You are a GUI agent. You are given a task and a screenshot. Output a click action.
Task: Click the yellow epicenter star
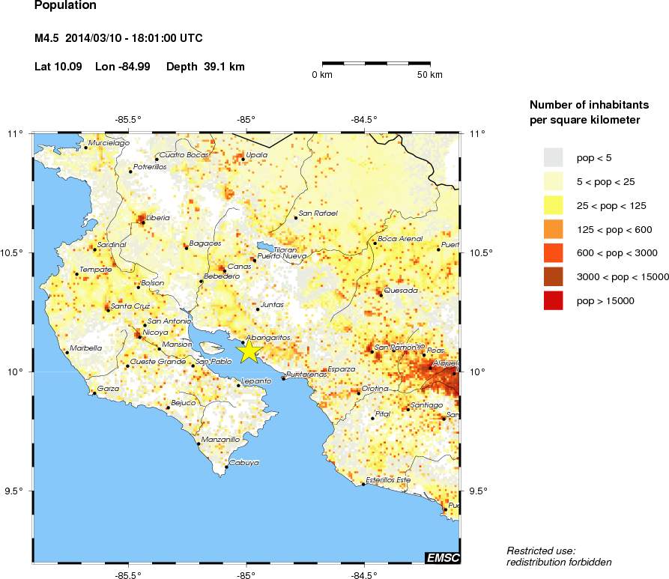pyautogui.click(x=248, y=350)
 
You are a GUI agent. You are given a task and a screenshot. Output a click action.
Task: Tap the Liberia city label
pyautogui.click(x=158, y=218)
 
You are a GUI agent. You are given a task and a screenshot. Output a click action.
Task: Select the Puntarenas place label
pyautogui.click(x=307, y=374)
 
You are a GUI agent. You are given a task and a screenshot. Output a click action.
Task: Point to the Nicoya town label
pyautogui.click(x=156, y=333)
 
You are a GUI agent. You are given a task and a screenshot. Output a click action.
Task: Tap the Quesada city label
pyautogui.click(x=400, y=290)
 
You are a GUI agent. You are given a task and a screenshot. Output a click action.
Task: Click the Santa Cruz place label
pyautogui.click(x=131, y=306)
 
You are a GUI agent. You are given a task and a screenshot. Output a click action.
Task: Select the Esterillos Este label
pyautogui.click(x=388, y=479)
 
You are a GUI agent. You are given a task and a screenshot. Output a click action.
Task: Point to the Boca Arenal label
pyautogui.click(x=401, y=238)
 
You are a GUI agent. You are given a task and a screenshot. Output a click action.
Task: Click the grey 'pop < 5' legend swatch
pyautogui.click(x=553, y=157)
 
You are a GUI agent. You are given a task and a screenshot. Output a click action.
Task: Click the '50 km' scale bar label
pyautogui.click(x=430, y=75)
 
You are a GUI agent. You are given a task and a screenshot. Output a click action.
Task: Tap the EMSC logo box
pyautogui.click(x=442, y=558)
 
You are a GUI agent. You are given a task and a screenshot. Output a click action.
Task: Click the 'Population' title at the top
pyautogui.click(x=65, y=6)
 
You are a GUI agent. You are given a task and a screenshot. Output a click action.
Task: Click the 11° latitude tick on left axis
pyautogui.click(x=15, y=133)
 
